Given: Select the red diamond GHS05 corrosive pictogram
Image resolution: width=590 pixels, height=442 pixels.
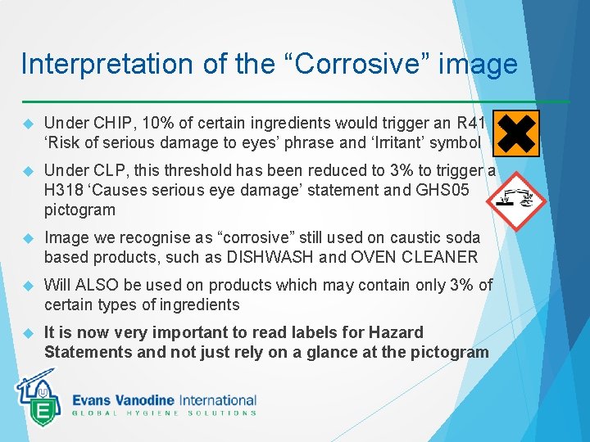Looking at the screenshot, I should tap(515, 199).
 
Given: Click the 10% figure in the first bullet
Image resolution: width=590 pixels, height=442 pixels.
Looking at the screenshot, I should tap(157, 124).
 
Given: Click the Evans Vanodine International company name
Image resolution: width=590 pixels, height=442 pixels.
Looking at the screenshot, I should tap(164, 400).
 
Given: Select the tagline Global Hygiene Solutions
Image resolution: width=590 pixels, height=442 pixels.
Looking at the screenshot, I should tap(164, 413).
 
